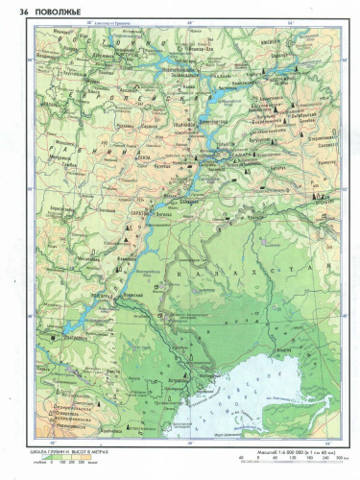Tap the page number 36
pyautogui.click(x=13, y=9)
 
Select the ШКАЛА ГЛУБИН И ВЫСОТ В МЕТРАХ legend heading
pyautogui.click(x=49, y=450)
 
